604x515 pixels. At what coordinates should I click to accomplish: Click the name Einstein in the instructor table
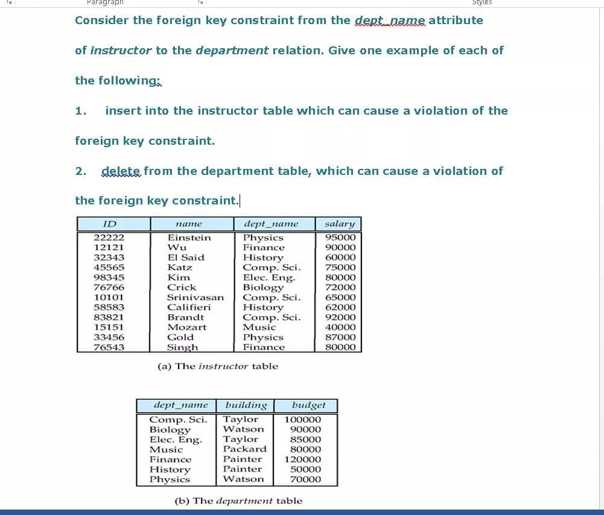click(x=189, y=238)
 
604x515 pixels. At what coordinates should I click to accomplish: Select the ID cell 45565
click(x=109, y=267)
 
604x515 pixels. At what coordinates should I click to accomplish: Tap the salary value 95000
click(x=340, y=238)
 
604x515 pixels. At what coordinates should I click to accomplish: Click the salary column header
click(x=339, y=224)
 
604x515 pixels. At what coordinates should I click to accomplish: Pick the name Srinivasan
click(x=195, y=297)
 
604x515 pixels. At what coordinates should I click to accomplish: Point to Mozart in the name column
click(x=186, y=327)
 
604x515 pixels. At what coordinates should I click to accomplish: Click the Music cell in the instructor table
click(x=259, y=327)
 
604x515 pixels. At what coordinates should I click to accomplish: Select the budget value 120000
click(x=303, y=459)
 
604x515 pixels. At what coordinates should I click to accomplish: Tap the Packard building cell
click(x=244, y=449)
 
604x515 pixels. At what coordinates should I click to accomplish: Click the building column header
click(x=246, y=405)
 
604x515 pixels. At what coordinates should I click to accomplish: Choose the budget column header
click(x=308, y=405)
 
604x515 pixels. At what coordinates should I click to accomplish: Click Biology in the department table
click(x=170, y=429)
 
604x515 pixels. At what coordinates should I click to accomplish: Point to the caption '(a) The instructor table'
click(x=217, y=366)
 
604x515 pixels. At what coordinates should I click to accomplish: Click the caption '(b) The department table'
click(x=238, y=501)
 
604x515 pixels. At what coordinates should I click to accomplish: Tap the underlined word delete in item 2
click(x=121, y=171)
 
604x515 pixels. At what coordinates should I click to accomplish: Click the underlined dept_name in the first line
click(x=390, y=20)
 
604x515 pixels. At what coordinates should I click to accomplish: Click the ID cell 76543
click(x=109, y=347)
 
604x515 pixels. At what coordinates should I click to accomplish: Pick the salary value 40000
click(x=340, y=327)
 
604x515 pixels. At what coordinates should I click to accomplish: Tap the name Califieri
click(x=189, y=307)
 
